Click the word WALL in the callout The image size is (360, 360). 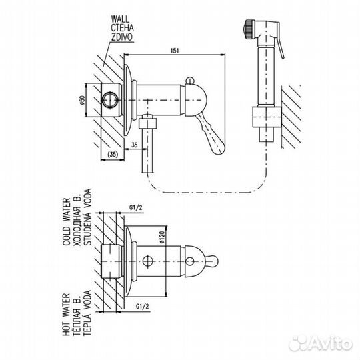(x=120, y=19)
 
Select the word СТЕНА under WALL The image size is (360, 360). (x=122, y=28)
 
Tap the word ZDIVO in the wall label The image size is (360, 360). (x=122, y=37)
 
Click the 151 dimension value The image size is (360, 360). (x=175, y=51)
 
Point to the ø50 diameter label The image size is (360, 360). (x=82, y=100)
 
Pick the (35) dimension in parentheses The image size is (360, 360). (x=113, y=155)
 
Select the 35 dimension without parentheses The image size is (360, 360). (x=135, y=145)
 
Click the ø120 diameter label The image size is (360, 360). (x=161, y=237)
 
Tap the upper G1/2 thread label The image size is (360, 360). (x=136, y=208)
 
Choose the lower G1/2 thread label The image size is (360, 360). (x=143, y=306)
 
